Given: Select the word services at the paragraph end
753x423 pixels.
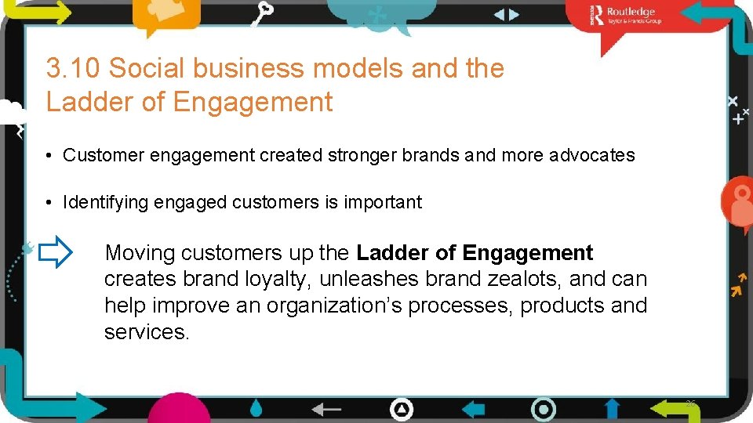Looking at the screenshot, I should tap(146, 332).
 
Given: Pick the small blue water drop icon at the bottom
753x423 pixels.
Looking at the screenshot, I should tap(256, 408).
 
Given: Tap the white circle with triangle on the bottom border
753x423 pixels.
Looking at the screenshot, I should tap(402, 409).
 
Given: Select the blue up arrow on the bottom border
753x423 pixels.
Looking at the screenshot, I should tap(612, 409).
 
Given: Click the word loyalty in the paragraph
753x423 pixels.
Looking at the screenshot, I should tap(275, 280).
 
